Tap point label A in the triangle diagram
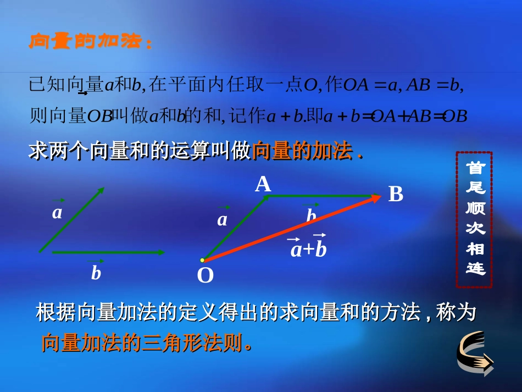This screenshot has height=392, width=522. pyautogui.click(x=263, y=184)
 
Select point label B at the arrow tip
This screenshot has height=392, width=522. pyautogui.click(x=396, y=194)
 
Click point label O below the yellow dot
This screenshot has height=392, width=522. pyautogui.click(x=205, y=275)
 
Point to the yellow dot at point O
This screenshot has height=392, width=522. pyautogui.click(x=202, y=260)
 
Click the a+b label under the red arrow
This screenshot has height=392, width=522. pyautogui.click(x=308, y=249)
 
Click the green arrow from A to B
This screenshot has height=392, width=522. pyautogui.click(x=319, y=196)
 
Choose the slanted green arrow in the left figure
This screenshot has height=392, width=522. pyautogui.click(x=71, y=220)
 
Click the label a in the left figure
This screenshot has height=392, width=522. pyautogui.click(x=57, y=212)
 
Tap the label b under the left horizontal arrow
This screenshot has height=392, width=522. pyautogui.click(x=96, y=272)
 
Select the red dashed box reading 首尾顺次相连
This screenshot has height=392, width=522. pyautogui.click(x=474, y=219)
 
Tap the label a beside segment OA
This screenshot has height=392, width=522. pyautogui.click(x=222, y=219)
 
